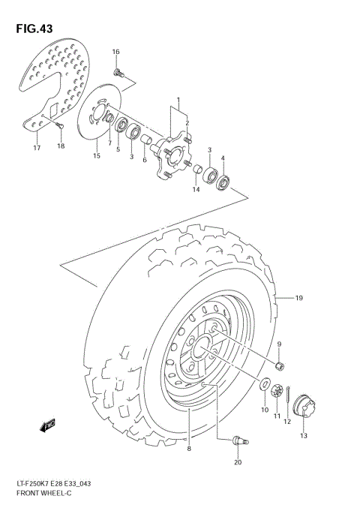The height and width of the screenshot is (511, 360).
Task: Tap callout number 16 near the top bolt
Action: pos(116,52)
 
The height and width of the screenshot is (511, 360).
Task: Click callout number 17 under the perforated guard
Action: pos(36,148)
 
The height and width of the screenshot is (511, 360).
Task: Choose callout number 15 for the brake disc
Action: pos(96,155)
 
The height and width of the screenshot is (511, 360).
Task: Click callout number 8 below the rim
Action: pos(189,449)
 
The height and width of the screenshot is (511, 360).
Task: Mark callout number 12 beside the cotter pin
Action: pos(286,422)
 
